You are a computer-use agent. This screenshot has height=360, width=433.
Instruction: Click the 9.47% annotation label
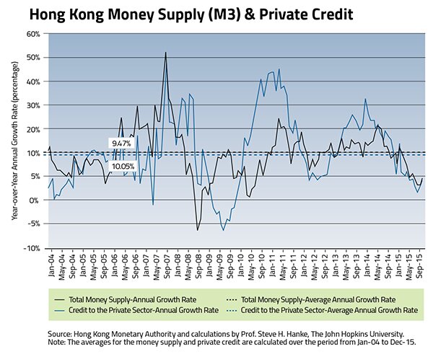[120, 144]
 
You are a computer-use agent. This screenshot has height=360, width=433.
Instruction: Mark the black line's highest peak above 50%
[165, 53]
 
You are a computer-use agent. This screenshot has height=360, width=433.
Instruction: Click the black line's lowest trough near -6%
[197, 230]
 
